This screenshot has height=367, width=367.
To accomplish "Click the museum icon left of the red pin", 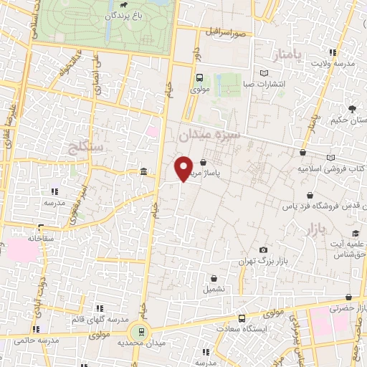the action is click(x=145, y=173).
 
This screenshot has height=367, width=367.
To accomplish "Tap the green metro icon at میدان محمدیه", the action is click(x=140, y=331).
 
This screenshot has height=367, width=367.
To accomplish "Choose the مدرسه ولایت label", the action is click(x=333, y=63).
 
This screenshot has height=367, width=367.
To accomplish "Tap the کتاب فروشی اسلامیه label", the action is click(x=330, y=170).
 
